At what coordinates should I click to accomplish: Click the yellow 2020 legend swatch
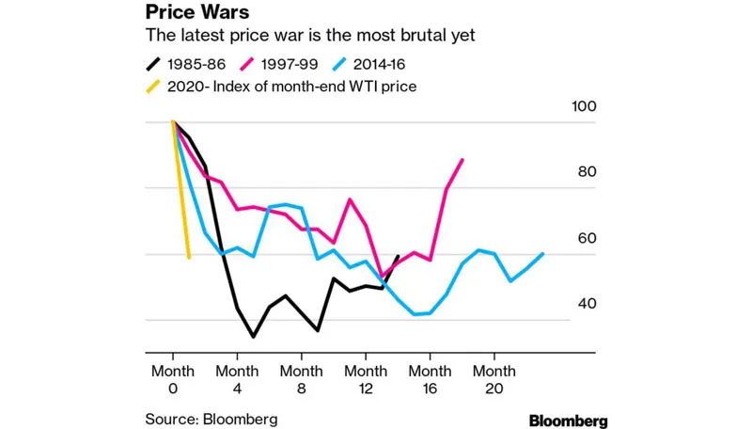click(x=153, y=87)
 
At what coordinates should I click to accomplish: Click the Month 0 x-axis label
click(x=173, y=379)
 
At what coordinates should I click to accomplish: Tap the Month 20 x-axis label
click(x=495, y=379)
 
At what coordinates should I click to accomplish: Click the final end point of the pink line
click(x=462, y=160)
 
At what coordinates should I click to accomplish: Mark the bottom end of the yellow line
click(x=189, y=257)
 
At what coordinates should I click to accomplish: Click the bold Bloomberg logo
click(x=568, y=420)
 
